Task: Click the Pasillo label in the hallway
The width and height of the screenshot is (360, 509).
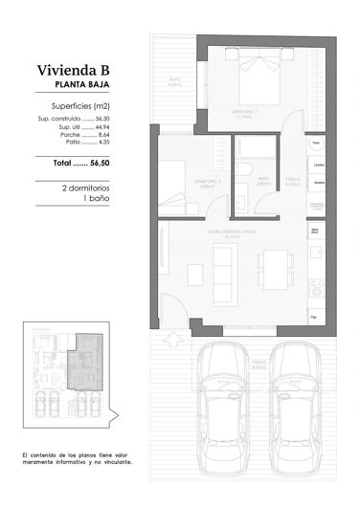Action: pos(295,179)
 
